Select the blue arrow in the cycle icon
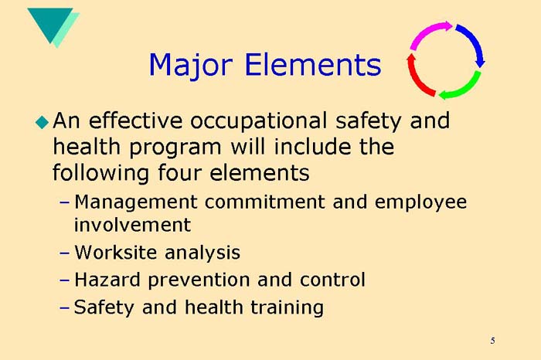(x=472, y=44)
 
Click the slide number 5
(x=492, y=341)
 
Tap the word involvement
(x=132, y=225)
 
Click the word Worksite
(x=114, y=253)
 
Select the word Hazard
(x=105, y=279)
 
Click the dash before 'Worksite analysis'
(x=64, y=253)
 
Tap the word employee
(x=421, y=203)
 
